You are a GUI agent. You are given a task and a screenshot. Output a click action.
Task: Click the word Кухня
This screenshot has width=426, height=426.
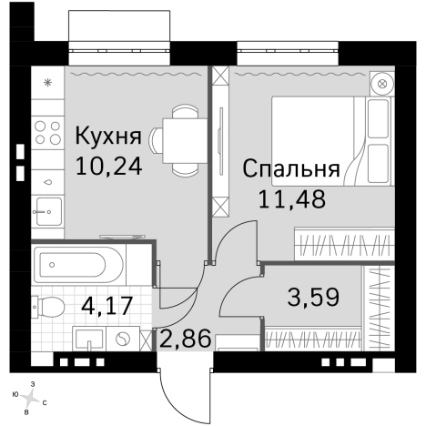coord(108,137)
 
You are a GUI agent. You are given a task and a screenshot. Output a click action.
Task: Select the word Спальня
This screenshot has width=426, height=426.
coord(291,169)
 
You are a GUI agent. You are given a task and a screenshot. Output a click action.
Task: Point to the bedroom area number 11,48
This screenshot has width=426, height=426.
coord(291,198)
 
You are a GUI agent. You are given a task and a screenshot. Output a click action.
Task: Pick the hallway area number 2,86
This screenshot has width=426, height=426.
coord(186,340)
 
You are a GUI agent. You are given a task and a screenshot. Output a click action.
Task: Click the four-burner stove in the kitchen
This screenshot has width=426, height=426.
coord(47,134)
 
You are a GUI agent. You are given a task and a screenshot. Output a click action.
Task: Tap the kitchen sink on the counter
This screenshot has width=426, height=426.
coord(47,212)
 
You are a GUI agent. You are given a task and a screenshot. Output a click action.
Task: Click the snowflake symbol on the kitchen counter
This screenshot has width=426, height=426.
coord(47,83)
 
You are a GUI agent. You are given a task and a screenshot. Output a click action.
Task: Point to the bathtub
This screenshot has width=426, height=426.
coord(76,266)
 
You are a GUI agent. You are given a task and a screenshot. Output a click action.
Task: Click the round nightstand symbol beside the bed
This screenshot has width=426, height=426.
coord(382,83)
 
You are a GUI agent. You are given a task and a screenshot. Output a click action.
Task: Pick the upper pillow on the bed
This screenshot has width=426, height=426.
coord(376,119)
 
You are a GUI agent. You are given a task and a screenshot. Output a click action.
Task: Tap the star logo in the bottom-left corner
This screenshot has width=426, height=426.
coord(33,395)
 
